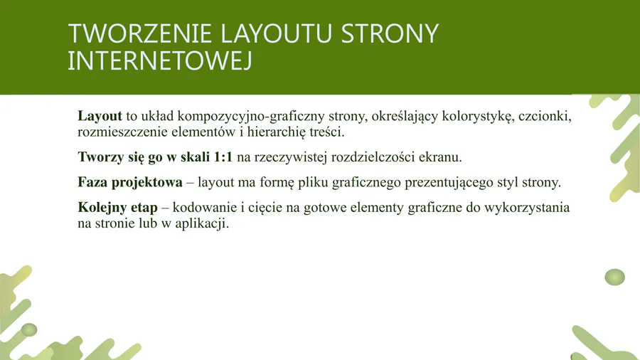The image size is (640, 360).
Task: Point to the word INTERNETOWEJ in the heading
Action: click(x=159, y=60)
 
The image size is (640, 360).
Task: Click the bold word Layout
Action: click(x=100, y=116)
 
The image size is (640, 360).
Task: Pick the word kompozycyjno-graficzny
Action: click(x=251, y=117)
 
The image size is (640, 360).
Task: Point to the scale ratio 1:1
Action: click(x=223, y=157)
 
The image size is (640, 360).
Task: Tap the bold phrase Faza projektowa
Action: click(x=130, y=182)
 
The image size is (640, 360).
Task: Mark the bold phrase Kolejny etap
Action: click(x=117, y=207)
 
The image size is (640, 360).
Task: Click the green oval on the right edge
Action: click(x=614, y=277)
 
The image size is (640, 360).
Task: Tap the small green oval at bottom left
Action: click(x=29, y=330)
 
